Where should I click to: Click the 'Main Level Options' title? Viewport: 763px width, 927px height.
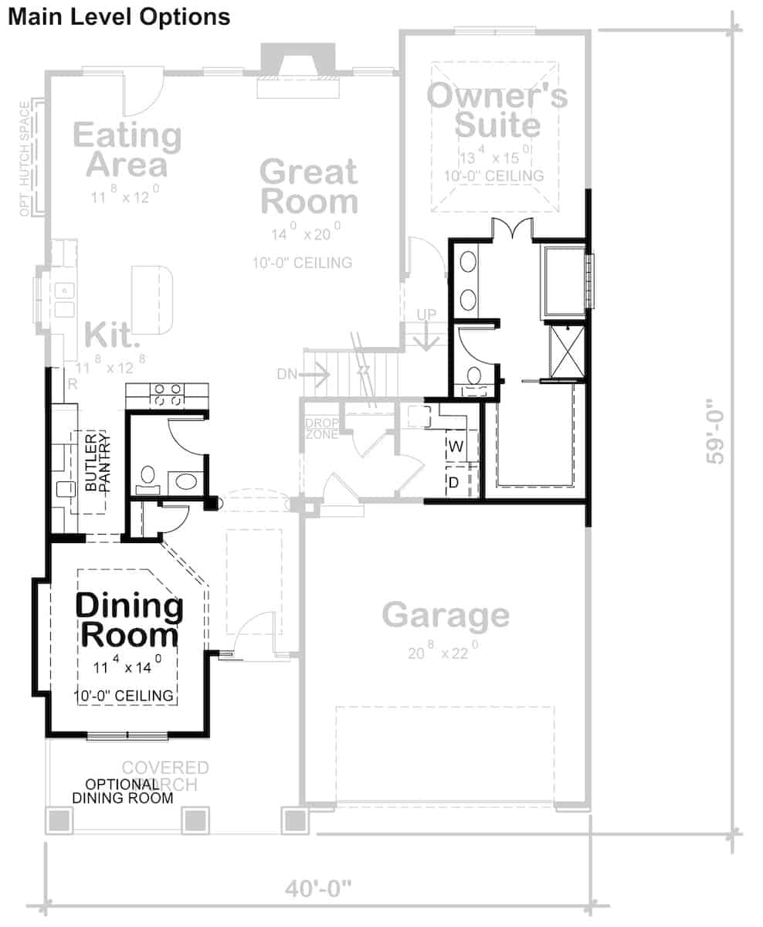click(119, 16)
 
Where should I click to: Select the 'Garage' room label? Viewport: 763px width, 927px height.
click(446, 616)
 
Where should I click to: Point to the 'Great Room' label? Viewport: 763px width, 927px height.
click(309, 186)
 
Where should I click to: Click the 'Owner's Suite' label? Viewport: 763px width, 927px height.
click(497, 110)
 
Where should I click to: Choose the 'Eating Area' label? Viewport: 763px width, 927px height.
click(127, 150)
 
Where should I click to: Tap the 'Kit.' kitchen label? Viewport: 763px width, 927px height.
click(112, 335)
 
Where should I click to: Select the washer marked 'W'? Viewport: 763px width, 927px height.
click(455, 446)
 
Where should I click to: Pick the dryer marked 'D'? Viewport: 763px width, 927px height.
click(455, 482)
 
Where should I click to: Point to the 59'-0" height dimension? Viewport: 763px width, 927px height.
click(716, 430)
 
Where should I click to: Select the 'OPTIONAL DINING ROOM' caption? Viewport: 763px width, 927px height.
click(122, 791)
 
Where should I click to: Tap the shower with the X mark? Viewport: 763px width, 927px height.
click(567, 351)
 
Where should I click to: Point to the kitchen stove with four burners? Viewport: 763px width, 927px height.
click(165, 395)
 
